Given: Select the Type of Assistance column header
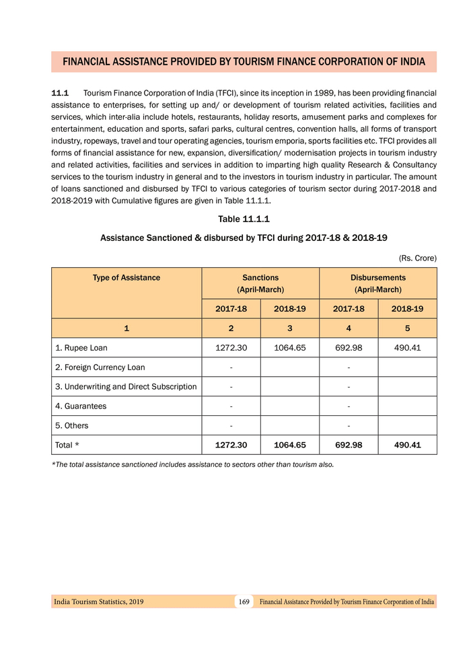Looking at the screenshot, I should (x=126, y=277).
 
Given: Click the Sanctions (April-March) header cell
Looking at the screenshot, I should (x=260, y=283).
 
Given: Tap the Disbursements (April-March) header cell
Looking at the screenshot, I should (x=377, y=283).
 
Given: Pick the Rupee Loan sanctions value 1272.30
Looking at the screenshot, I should (x=231, y=348).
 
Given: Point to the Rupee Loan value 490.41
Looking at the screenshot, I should (x=407, y=348).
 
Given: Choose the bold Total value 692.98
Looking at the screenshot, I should (x=349, y=445).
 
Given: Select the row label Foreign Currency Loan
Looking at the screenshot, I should (x=100, y=367).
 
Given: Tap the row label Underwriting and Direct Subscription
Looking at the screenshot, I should (x=126, y=387).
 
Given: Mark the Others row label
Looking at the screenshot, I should (x=72, y=425).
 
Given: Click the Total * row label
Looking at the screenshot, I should (x=68, y=445).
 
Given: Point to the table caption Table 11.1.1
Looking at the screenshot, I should (x=244, y=219).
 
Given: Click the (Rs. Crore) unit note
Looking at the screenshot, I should (x=418, y=258).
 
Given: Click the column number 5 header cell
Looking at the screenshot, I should (x=407, y=328).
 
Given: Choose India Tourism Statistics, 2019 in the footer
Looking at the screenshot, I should (x=98, y=601).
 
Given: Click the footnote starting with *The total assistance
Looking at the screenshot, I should (x=192, y=464).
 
